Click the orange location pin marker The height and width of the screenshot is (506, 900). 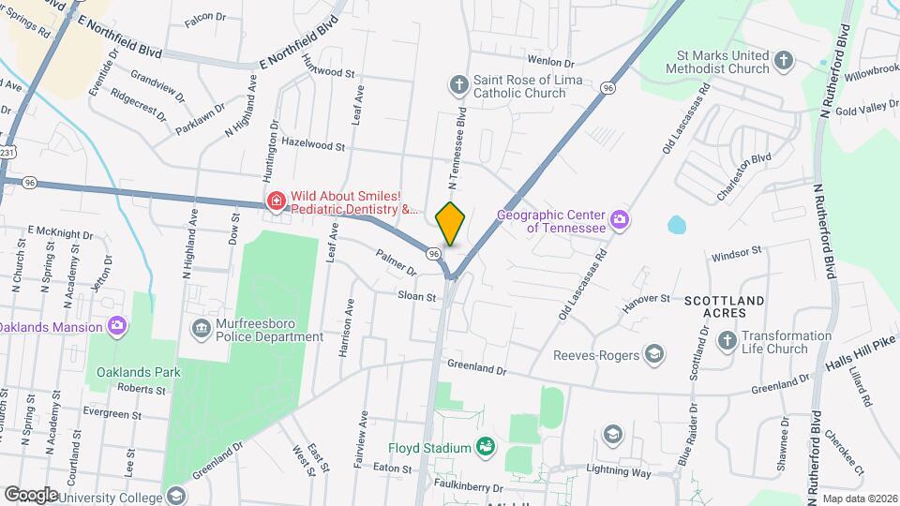tap(451, 224)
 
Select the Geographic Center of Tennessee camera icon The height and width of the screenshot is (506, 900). tap(620, 220)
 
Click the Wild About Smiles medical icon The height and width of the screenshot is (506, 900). tap(277, 201)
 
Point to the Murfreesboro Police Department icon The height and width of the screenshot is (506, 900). tap(202, 329)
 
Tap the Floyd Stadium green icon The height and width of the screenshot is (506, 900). tap(485, 445)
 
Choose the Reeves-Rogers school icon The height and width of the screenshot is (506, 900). tap(654, 354)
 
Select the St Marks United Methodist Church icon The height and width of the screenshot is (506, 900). tap(784, 62)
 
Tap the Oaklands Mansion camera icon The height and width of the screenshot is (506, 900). tap(116, 326)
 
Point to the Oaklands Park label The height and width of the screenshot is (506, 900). tap(138, 372)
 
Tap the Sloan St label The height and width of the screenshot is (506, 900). tap(418, 297)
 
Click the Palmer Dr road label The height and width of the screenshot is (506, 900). tap(396, 262)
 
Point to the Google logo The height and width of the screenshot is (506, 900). tap(31, 494)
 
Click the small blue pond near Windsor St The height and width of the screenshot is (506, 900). tap(677, 225)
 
